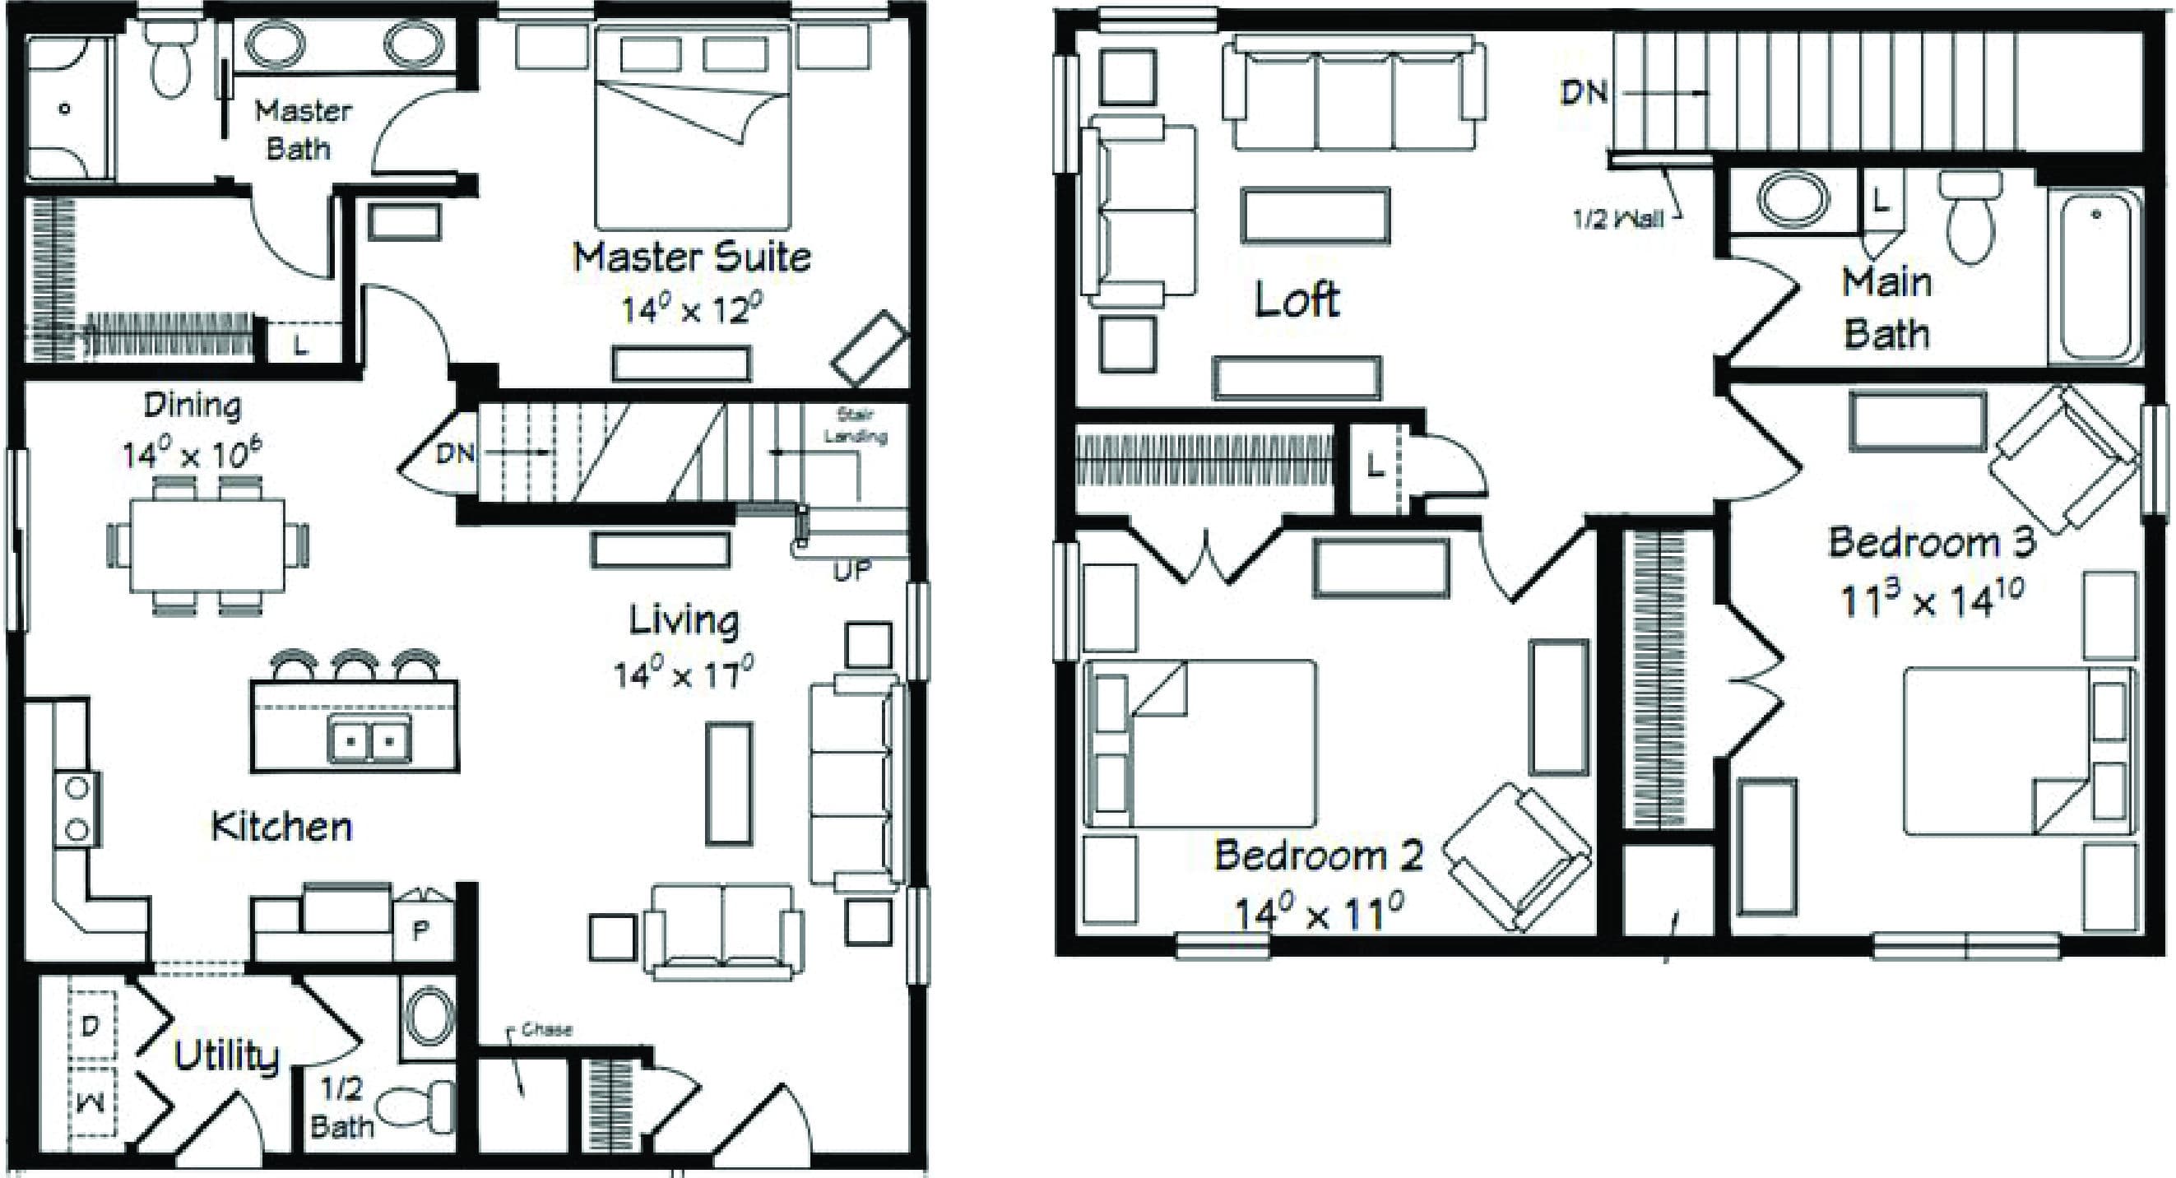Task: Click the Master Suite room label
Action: pos(691,257)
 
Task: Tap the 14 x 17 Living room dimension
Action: pos(683,675)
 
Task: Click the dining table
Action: pos(207,545)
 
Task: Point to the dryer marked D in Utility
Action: pos(91,1025)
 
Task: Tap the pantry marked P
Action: pos(421,930)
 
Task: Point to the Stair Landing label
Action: pos(855,425)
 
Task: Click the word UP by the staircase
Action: pos(851,572)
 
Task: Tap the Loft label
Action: pos(1297,299)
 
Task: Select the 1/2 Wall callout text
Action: pos(1617,220)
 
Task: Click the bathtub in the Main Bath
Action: pos(2095,277)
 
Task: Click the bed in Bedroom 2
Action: pos(1199,743)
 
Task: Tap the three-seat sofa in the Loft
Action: pos(1353,93)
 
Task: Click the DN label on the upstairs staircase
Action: pos(1583,92)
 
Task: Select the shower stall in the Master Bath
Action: pos(67,108)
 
